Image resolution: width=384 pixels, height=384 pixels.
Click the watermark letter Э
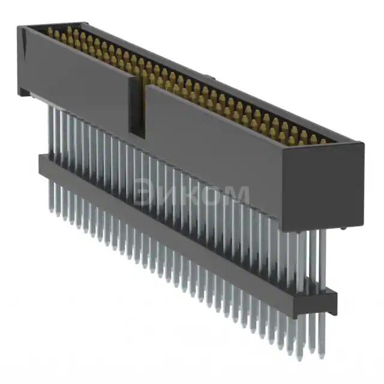point(143,194)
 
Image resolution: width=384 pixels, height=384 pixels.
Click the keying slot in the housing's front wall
point(136,111)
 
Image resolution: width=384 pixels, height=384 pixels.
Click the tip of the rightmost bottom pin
point(323,354)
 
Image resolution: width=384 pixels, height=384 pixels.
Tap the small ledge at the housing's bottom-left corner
point(23,92)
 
